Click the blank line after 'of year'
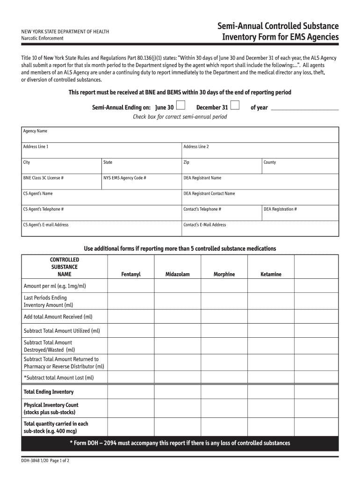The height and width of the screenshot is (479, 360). [305, 108]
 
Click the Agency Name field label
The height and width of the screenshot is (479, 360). [35, 131]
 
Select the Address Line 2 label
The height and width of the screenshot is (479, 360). [196, 147]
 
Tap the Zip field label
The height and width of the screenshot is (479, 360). [186, 162]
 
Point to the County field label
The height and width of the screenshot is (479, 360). [270, 162]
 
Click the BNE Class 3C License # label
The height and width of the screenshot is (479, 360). [43, 178]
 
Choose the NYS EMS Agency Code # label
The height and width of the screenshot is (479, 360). [125, 178]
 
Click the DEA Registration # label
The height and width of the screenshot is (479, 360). [280, 209]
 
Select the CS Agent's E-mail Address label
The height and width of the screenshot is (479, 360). [46, 225]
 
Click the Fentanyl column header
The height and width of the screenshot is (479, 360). [131, 275]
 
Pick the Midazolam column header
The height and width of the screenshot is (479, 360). [178, 275]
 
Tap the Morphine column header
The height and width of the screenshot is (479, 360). [224, 275]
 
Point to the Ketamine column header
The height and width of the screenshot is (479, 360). [271, 275]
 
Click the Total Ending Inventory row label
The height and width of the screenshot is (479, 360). [49, 392]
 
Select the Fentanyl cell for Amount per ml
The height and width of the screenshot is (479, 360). [131, 286]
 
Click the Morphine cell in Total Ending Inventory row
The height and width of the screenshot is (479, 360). [224, 392]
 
